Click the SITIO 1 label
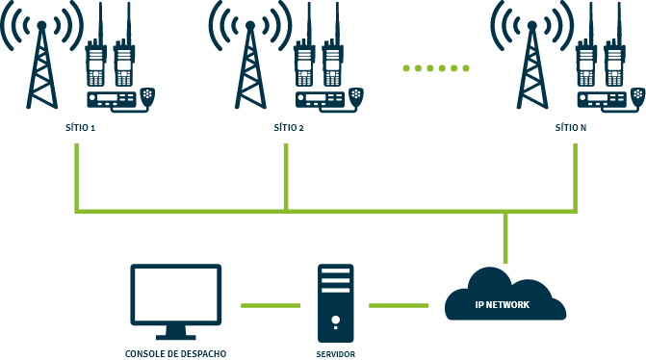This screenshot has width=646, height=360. tap(80, 127)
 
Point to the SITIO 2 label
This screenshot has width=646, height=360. tap(288, 127)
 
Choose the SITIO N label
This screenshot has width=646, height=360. tap(571, 127)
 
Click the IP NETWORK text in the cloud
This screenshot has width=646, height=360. tap(503, 305)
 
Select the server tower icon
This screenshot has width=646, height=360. tap(336, 302)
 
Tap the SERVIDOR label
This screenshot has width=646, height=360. tap(335, 354)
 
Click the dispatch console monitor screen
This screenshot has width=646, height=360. tap(176, 295)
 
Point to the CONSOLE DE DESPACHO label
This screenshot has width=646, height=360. tap(175, 353)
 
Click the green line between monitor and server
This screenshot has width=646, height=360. tap(271, 305)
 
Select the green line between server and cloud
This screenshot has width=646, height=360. tap(399, 305)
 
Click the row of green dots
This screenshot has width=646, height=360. tap(436, 68)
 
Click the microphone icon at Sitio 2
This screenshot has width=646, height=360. tap(356, 94)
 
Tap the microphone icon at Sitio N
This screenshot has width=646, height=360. tap(636, 94)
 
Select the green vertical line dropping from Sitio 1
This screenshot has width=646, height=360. tap(76, 178)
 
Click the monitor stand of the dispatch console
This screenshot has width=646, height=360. tap(176, 332)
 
